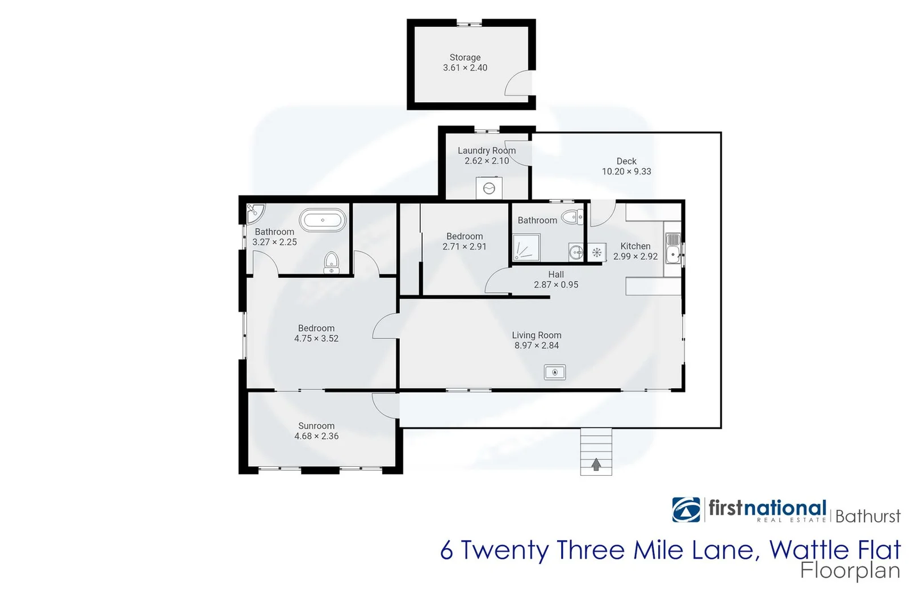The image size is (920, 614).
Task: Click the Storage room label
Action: tap(465, 57)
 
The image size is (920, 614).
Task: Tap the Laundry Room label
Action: tap(487, 151)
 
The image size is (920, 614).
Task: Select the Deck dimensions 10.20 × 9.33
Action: tap(626, 172)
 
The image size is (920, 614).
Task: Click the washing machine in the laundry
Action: tap(489, 188)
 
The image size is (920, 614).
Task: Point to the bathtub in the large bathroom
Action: tap(323, 220)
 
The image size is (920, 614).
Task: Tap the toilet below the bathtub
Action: tap(331, 263)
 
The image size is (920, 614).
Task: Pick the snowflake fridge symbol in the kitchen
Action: tap(597, 252)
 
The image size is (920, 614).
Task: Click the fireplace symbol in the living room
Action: tap(555, 372)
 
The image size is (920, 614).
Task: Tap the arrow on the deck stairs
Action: tap(596, 464)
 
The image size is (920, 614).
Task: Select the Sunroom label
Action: tap(316, 426)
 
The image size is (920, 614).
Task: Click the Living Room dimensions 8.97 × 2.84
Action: tap(537, 346)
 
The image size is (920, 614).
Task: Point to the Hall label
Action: tap(556, 275)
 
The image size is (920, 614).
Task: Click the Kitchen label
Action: tap(635, 246)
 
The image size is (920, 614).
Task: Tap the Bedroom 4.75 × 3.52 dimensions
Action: tap(316, 339)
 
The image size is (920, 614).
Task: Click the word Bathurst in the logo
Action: tap(868, 516)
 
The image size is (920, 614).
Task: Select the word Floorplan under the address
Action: tap(850, 571)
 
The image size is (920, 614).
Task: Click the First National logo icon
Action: tap(686, 509)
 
